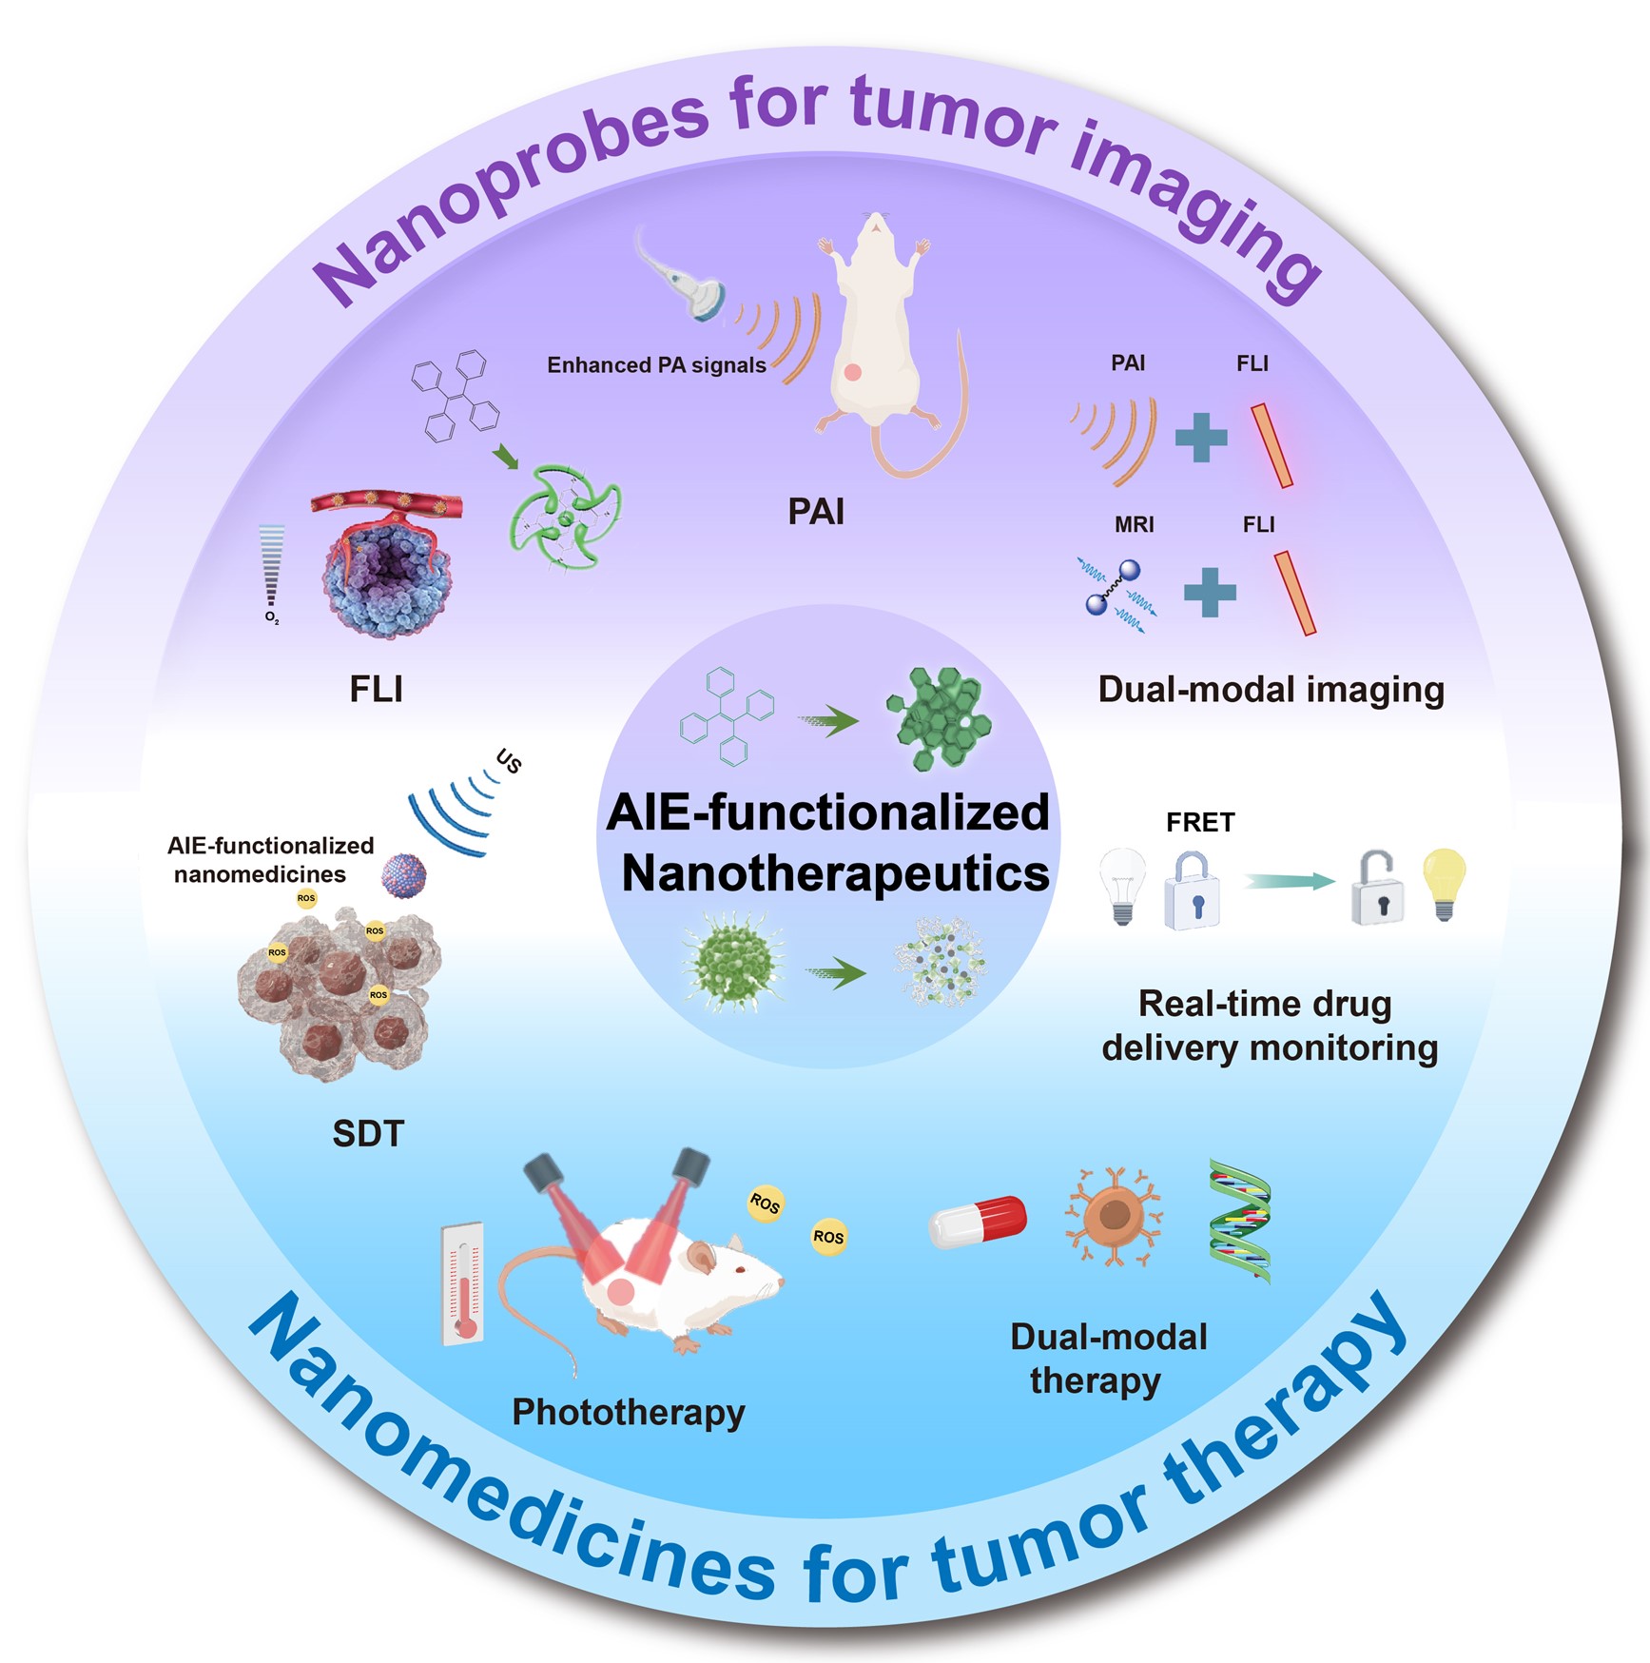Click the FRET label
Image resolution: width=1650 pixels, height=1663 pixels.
coord(1200,822)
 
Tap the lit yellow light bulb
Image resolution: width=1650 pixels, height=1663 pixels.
coord(1443,883)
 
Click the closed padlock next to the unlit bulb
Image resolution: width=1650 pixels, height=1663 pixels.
coord(1192,891)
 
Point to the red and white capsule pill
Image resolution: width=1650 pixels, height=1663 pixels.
coord(978,1221)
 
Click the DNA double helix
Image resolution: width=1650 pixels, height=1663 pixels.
coord(1239,1221)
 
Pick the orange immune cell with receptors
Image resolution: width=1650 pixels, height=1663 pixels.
coord(1113,1217)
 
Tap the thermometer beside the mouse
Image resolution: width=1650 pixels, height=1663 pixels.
coord(464,1283)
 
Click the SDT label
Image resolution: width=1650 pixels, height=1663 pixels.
coord(368,1133)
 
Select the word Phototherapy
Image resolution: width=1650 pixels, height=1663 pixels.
coord(628,1412)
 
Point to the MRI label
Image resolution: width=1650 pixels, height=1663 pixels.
coord(1134,524)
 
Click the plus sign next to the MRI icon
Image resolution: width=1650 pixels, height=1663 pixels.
coord(1210,592)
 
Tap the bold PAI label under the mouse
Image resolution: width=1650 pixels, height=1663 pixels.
coord(816,512)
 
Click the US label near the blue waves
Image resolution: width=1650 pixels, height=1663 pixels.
coord(509,761)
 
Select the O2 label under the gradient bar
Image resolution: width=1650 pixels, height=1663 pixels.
coord(272,618)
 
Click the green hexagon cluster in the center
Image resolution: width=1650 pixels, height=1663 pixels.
coord(940,717)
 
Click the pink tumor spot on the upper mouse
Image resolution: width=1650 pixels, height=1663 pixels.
coord(852,372)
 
